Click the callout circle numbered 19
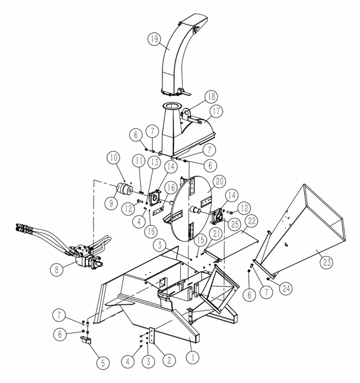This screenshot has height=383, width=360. (x=154, y=38)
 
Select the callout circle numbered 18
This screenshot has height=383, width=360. (x=211, y=97)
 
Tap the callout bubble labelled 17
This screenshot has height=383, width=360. (x=216, y=111)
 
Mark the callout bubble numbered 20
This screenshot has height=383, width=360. (x=219, y=181)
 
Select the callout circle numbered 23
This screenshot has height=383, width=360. (x=327, y=262)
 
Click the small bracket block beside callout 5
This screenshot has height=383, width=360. (x=86, y=341)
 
